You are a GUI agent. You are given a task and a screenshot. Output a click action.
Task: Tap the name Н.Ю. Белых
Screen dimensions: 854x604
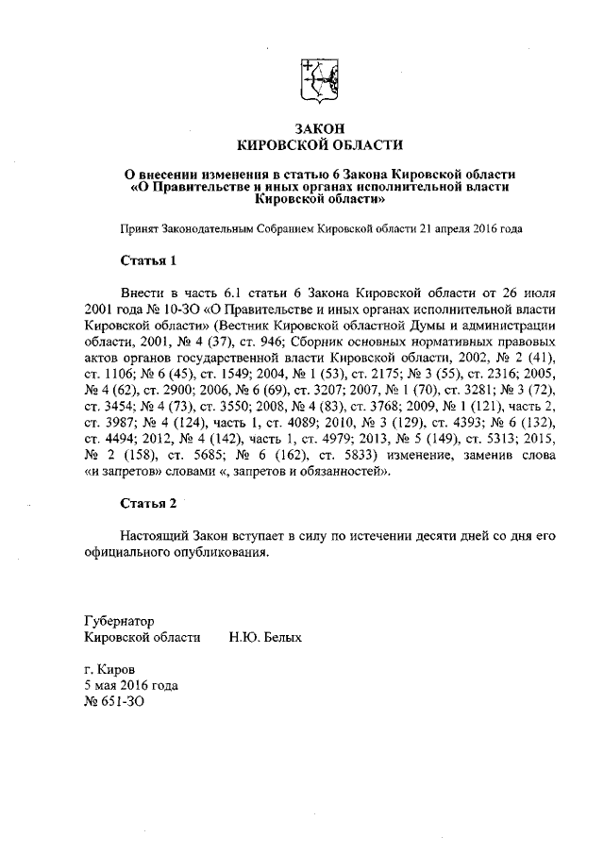click(265, 638)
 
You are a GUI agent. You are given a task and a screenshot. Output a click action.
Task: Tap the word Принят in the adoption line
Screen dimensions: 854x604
click(138, 228)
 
